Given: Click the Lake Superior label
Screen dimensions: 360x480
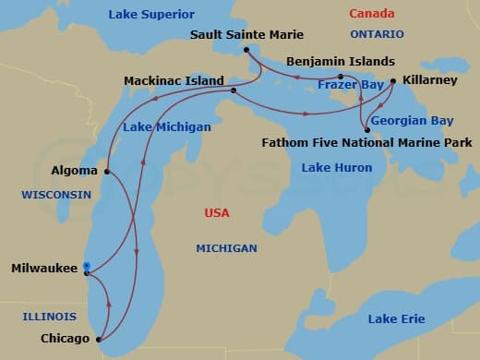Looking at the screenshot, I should (151, 15).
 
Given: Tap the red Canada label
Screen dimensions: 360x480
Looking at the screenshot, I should (371, 15).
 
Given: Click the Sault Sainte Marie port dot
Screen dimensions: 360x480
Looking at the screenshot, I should (247, 49).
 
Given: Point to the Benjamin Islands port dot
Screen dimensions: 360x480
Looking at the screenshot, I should (341, 77).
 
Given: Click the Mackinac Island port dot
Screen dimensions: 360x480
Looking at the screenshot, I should (233, 90).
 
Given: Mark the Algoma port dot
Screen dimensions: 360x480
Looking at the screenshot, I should (108, 171).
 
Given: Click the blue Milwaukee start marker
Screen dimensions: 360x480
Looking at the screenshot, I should (86, 267).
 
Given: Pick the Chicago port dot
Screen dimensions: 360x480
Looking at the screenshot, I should (98, 340).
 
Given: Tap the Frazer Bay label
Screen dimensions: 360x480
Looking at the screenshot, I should (350, 85).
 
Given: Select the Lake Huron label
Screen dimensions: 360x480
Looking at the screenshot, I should (337, 168).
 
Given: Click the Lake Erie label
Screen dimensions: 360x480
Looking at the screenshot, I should (396, 318).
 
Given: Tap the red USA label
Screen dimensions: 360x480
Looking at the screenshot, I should (216, 213).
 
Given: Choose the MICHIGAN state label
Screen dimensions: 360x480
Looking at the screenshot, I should (226, 248).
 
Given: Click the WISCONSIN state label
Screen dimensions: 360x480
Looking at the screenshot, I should (56, 195).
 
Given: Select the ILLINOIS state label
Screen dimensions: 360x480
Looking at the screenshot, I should (49, 317).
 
